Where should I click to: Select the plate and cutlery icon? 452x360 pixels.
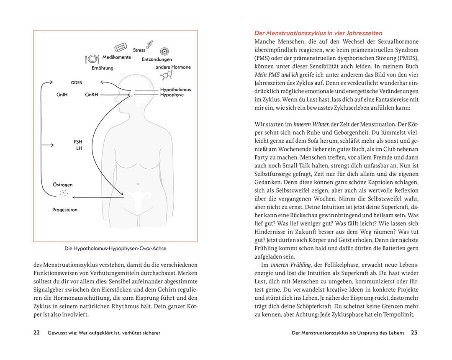click(x=92, y=59)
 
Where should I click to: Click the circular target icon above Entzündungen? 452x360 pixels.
click(x=165, y=51)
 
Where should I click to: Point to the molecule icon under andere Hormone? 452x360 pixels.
click(x=167, y=75)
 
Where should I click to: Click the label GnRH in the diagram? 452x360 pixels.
click(x=91, y=95)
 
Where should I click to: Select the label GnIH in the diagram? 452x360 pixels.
click(x=62, y=95)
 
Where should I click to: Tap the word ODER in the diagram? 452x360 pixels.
click(x=76, y=83)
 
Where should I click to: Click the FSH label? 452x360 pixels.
click(x=78, y=142)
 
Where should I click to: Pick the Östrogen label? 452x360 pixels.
click(x=63, y=185)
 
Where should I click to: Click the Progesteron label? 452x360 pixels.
click(x=65, y=210)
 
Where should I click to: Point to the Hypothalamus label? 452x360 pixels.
click(x=175, y=90)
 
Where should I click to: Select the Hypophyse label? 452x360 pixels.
click(x=172, y=95)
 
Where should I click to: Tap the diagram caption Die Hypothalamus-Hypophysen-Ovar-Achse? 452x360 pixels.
click(x=115, y=248)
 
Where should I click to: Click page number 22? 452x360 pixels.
click(x=36, y=333)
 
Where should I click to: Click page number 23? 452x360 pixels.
click(x=414, y=333)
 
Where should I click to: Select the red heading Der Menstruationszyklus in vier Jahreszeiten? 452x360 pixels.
click(x=318, y=33)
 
